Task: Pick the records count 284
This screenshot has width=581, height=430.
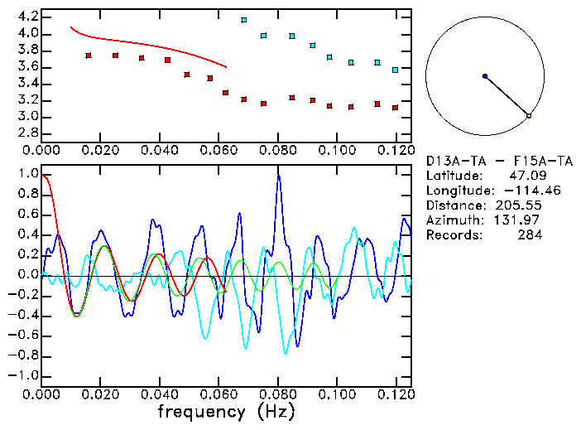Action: (530, 234)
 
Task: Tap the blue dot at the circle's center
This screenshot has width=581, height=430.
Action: (485, 76)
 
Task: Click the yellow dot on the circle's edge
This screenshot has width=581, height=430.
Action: (529, 116)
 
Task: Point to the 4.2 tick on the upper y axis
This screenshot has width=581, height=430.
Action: (26, 17)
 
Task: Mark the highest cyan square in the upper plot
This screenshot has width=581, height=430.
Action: (244, 19)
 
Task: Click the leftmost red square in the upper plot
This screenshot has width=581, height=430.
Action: (89, 56)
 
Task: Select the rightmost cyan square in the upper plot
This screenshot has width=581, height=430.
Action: (396, 70)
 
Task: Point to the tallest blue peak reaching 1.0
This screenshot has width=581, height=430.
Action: (279, 176)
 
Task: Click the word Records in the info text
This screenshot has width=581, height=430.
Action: (452, 234)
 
